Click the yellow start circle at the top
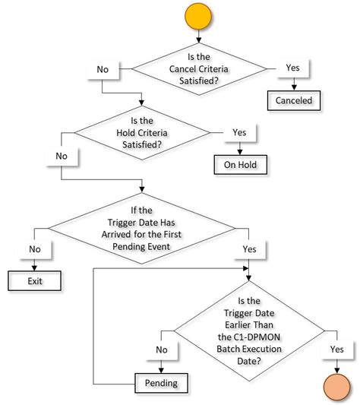198,17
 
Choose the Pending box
162,382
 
